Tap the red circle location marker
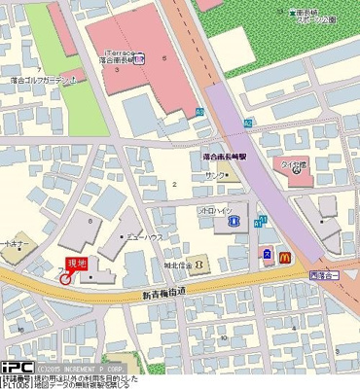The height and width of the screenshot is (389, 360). coord(65,279)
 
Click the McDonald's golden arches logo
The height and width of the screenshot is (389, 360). coord(285,257)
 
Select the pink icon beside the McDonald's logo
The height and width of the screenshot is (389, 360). coord(267,256)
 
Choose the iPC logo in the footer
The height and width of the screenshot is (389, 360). coord(18,367)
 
